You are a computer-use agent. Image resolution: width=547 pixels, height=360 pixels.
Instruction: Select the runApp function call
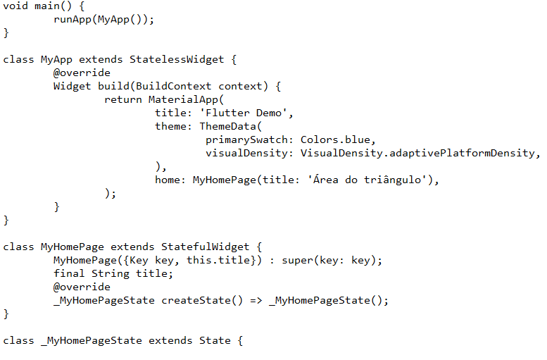pyautogui.click(x=73, y=19)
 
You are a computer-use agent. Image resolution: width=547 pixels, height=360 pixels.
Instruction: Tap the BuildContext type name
pyautogui.click(x=174, y=86)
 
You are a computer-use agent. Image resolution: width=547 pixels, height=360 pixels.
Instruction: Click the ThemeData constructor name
pyautogui.click(x=227, y=126)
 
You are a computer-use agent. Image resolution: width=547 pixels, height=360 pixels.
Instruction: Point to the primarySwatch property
pyautogui.click(x=250, y=139)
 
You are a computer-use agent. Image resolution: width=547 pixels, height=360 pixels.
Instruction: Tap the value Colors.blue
pyautogui.click(x=338, y=139)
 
